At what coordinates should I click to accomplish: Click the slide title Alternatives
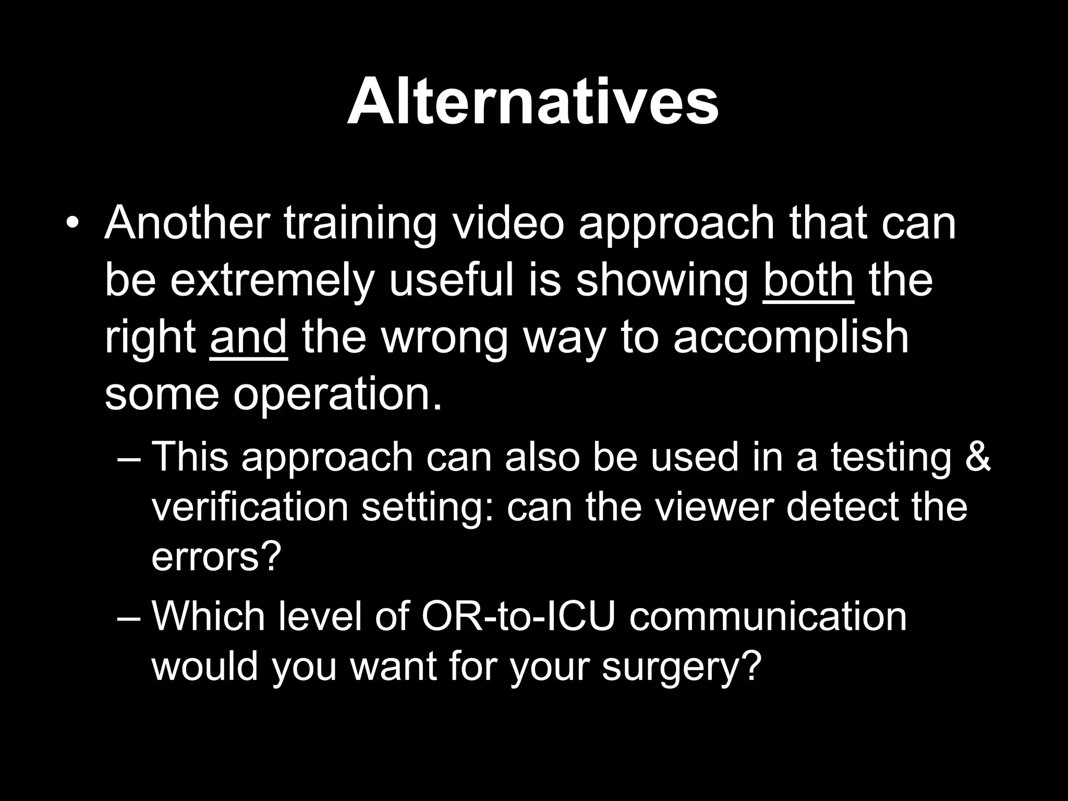tap(533, 102)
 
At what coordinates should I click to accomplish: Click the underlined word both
tap(808, 280)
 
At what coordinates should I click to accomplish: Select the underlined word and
tap(248, 337)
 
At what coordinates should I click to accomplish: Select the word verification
tap(250, 507)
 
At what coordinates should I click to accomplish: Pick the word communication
tap(768, 616)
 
